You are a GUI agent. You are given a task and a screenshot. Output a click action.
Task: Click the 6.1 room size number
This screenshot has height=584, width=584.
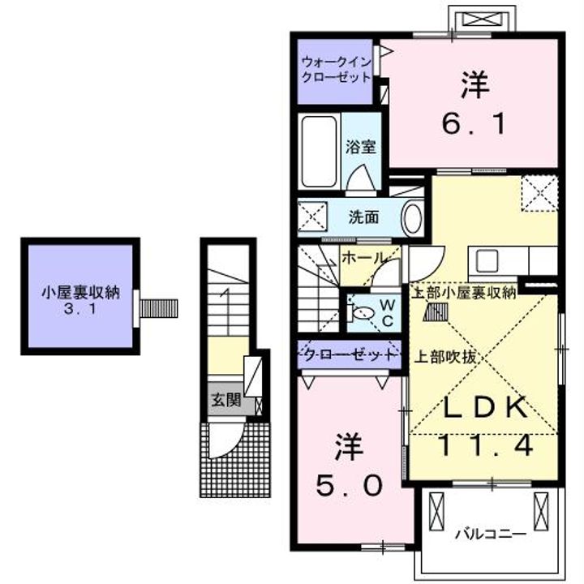(x=474, y=124)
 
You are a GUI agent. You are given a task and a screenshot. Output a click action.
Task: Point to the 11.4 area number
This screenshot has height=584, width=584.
(x=486, y=445)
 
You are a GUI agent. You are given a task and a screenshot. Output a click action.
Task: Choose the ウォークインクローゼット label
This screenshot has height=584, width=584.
(x=337, y=70)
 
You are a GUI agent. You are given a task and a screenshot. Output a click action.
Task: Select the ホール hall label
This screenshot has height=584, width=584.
(x=362, y=258)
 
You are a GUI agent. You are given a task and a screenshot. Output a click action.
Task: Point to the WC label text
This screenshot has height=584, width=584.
(x=386, y=311)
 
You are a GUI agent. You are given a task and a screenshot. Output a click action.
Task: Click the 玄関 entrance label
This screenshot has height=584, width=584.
(x=224, y=399)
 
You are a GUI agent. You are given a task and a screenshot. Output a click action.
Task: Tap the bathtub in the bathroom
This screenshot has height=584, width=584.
(x=318, y=153)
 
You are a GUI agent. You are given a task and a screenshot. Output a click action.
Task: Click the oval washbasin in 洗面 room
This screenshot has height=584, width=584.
(x=413, y=218)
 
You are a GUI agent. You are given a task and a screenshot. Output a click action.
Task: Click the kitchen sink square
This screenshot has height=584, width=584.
(x=489, y=262)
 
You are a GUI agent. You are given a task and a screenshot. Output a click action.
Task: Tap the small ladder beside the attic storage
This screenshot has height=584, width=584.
(x=160, y=308)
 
